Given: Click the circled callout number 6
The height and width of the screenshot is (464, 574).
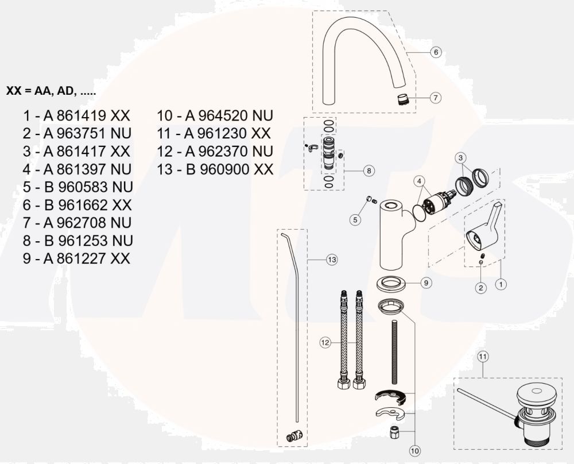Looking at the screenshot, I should point(436,52).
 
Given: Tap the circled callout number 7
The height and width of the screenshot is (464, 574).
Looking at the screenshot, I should point(436,98).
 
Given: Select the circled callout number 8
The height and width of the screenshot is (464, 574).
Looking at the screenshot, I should point(369,171).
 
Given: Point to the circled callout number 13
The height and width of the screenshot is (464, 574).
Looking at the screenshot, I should point(332,260).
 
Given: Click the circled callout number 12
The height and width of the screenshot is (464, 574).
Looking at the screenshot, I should point(325,343).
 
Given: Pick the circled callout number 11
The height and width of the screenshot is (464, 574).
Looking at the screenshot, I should point(483,356).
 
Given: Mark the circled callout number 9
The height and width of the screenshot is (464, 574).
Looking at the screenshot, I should point(425,283).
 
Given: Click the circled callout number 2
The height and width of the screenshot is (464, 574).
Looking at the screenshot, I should point(482,288).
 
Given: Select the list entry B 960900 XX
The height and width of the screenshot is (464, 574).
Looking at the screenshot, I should point(215,169).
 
